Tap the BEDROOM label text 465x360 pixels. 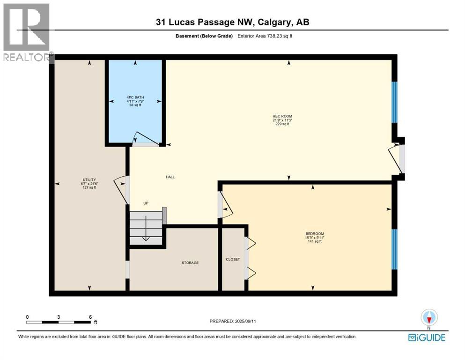click(x=315, y=233)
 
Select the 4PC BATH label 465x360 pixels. click(x=135, y=97)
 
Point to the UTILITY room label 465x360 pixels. click(x=89, y=180)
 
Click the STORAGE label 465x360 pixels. click(x=190, y=262)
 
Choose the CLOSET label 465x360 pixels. click(x=233, y=259)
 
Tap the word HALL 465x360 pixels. click(x=170, y=177)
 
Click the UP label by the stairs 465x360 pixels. click(x=146, y=203)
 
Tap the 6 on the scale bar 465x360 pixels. click(x=90, y=316)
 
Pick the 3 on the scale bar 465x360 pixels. click(x=59, y=316)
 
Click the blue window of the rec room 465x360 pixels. click(x=394, y=102)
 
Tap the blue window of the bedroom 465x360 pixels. click(x=394, y=249)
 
